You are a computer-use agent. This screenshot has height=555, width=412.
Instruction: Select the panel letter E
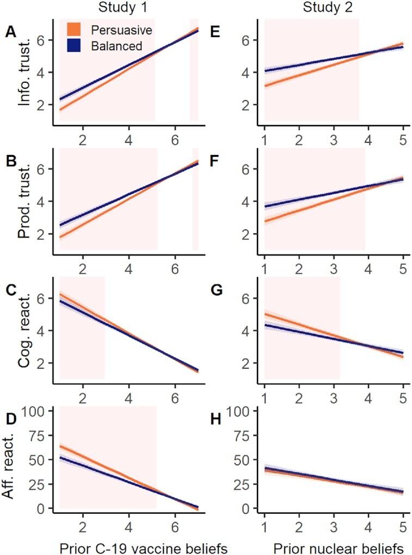tap(214, 33)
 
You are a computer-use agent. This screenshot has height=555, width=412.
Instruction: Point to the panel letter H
tap(215, 419)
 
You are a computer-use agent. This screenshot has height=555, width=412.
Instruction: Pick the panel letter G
tap(215, 291)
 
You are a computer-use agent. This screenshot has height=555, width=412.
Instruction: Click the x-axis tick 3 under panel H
tap(333, 522)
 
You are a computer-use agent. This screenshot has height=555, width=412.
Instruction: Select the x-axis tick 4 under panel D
tap(128, 522)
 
